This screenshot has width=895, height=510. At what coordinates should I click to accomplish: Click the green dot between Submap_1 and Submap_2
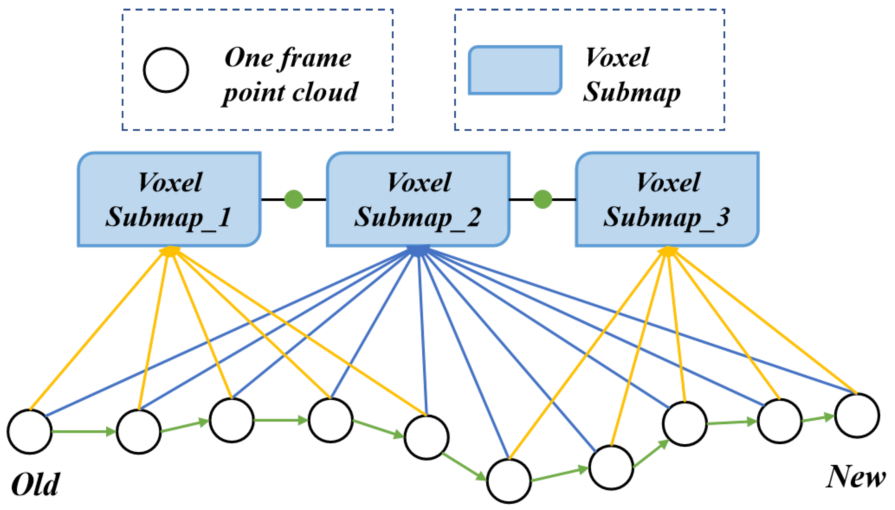[294, 199]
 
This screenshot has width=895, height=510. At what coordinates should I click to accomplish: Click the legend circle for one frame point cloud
[166, 70]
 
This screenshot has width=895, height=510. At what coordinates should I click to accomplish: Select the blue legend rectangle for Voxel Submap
[515, 70]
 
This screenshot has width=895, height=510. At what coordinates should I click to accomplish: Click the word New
[855, 477]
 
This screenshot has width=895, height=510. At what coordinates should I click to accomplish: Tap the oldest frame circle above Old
[30, 431]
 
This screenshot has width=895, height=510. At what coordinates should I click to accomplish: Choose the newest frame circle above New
[857, 416]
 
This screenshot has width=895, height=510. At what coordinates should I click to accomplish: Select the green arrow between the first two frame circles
[84, 431]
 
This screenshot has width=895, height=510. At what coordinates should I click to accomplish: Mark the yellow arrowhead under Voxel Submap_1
[170, 250]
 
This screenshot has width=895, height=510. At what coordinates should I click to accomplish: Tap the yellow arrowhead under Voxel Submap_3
[668, 250]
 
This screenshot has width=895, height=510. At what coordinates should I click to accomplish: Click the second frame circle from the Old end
[139, 431]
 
